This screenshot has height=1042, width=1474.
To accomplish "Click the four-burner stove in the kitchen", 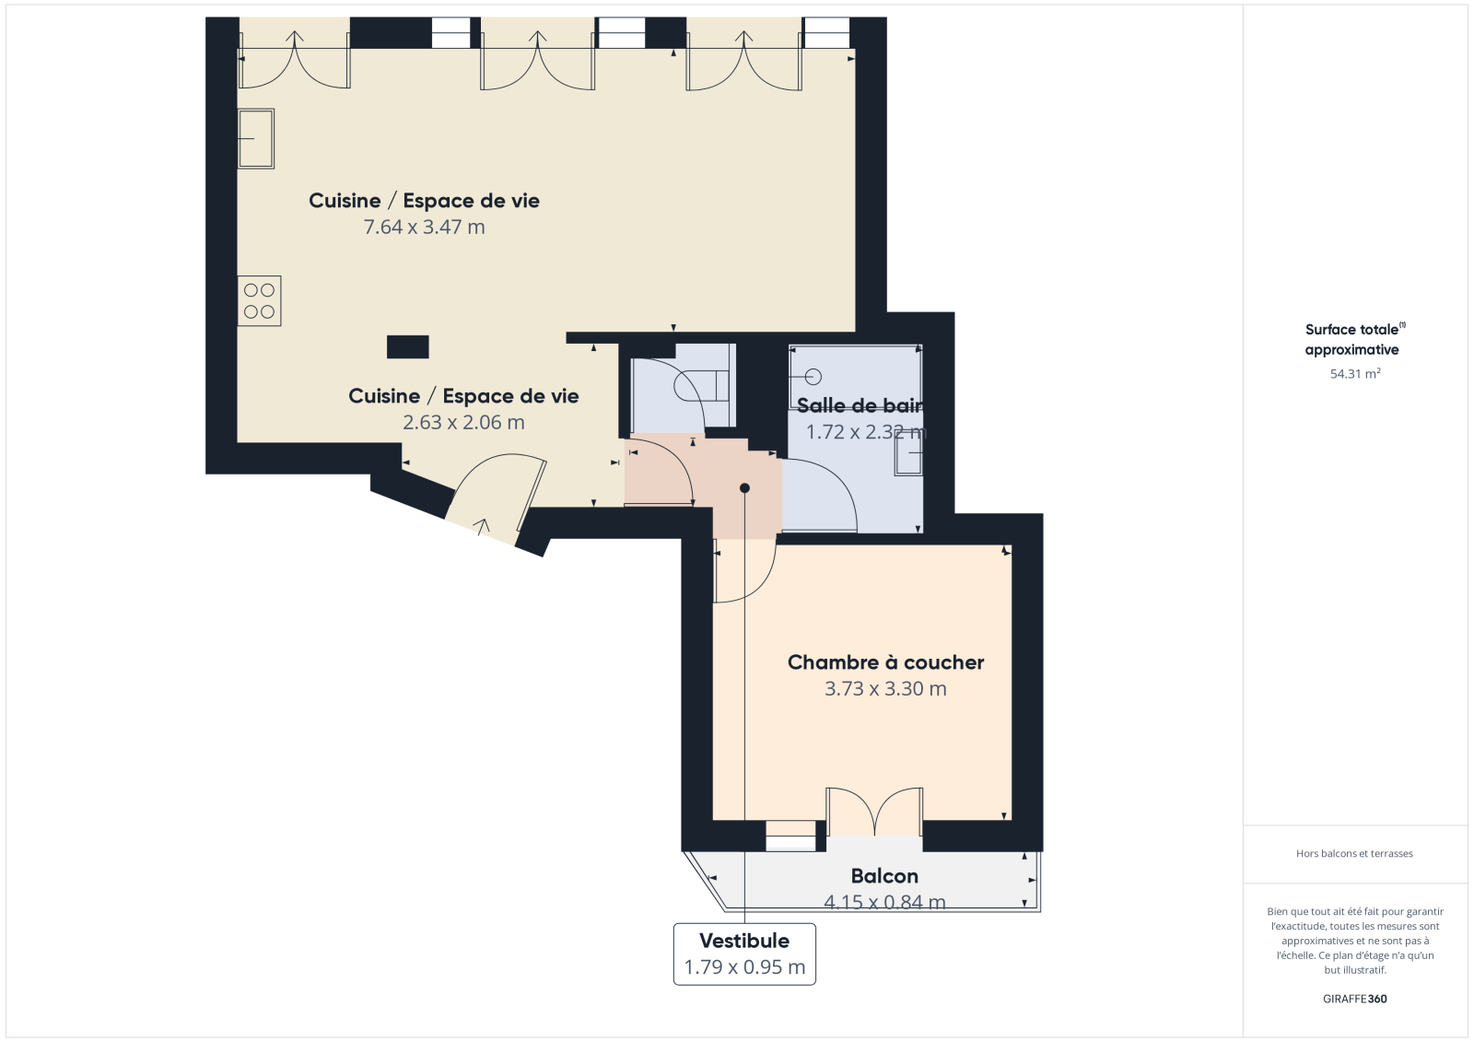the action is (x=259, y=301).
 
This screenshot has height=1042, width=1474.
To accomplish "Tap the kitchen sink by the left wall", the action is (x=255, y=139).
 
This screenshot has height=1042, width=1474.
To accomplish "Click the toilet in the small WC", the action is (x=703, y=386).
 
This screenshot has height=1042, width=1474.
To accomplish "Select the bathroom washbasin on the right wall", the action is (x=908, y=454).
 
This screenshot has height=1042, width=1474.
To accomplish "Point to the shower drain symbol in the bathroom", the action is (x=814, y=377).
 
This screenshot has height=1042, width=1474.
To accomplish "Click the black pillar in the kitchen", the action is (x=408, y=347).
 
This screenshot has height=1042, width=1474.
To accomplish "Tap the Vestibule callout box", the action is (x=744, y=954).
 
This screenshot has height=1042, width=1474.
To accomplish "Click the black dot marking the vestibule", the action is (x=745, y=487).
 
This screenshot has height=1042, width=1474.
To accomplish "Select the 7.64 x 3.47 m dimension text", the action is (x=425, y=227).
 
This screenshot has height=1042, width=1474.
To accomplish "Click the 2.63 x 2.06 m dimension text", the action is (x=464, y=422).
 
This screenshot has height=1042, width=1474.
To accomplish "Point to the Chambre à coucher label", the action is (x=885, y=662).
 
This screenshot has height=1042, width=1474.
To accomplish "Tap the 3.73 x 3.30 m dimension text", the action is (x=885, y=688).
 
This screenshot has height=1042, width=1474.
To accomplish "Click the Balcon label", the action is (x=884, y=876).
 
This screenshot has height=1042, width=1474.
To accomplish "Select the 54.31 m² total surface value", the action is (x=1355, y=373).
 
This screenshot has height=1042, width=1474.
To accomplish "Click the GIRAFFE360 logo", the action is (x=1355, y=999).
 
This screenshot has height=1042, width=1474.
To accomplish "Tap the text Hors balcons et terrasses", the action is (x=1354, y=854).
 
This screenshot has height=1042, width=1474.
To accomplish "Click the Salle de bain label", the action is (x=860, y=405).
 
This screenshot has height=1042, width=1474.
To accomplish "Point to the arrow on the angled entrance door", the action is (x=483, y=527).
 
